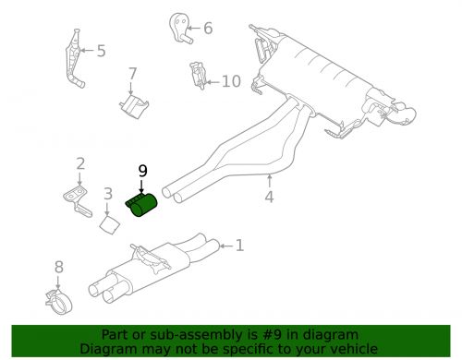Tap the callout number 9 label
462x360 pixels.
142,170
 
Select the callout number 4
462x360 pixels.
269,196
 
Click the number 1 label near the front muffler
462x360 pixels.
239,246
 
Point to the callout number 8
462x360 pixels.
58,267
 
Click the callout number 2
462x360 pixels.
80,164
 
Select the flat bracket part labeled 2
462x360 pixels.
76,196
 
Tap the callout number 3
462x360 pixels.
108,194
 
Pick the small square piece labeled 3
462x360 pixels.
109,224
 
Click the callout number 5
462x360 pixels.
101,52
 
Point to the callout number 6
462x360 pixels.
207,28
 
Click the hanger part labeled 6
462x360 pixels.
180,28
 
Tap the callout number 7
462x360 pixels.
132,74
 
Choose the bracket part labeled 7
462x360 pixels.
133,103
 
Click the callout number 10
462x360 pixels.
230,82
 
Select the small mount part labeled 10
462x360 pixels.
196,77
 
